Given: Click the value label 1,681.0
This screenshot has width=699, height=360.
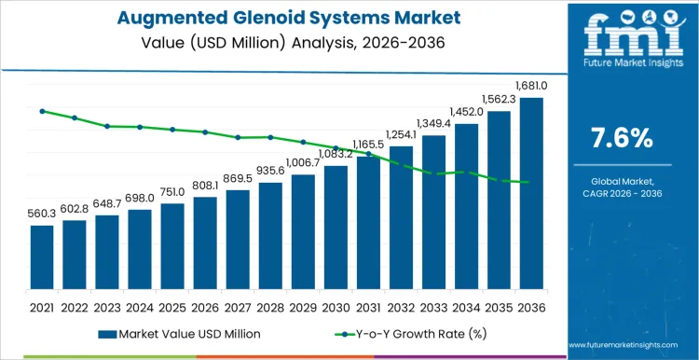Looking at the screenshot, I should pos(531,86).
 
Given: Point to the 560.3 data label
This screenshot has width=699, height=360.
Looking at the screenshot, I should pos(42,215).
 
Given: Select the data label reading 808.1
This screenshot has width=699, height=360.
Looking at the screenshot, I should pos(205,186).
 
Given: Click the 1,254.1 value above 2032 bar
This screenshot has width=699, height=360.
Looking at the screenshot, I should pos(401,134).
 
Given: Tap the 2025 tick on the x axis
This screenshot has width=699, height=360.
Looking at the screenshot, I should pos(172,306).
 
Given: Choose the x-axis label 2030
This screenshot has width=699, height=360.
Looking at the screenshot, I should pos(336,306).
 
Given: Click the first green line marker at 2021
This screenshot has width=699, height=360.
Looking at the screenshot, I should pos(42,111).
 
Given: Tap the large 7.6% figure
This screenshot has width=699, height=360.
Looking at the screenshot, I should pos(622,138).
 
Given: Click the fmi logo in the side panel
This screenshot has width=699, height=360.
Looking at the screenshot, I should pos(621,42).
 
